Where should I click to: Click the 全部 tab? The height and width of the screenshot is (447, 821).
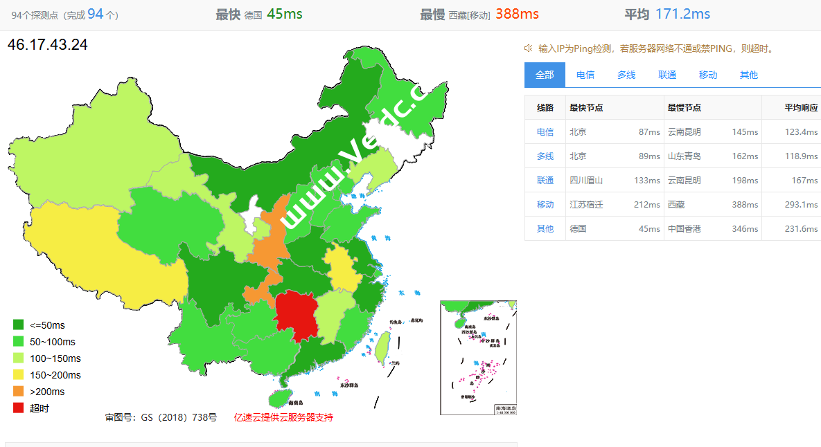545,75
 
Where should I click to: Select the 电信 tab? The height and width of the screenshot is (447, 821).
585,75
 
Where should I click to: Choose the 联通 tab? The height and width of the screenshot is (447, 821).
667,75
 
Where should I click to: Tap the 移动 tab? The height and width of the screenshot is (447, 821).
708,75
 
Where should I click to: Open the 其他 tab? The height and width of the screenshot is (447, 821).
749,75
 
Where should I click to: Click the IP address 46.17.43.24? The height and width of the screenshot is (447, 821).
48,45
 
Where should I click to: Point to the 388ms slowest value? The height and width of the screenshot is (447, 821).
517,14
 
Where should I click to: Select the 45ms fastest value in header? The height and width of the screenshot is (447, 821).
284,14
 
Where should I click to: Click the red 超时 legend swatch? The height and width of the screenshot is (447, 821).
19,408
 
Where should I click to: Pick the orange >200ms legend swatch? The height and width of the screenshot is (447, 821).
19,391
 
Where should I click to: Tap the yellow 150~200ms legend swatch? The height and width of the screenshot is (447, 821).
19,374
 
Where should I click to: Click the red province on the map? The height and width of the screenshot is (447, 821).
296,316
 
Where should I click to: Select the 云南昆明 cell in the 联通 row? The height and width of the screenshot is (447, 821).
685,180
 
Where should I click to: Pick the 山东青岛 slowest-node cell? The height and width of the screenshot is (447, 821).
685,156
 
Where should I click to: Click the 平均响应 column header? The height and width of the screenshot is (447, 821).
801,107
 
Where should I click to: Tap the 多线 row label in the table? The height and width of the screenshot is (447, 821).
545,156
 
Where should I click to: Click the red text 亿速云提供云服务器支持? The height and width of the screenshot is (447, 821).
283,417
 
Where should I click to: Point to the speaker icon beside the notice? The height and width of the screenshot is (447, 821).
528,48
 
